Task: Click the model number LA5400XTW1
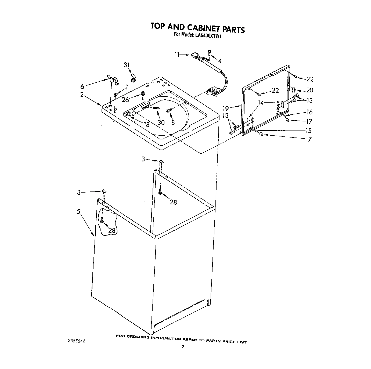point(207,35)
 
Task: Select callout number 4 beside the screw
point(220,61)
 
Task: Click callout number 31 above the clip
point(127,65)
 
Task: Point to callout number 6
point(82,86)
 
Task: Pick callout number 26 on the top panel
point(125,100)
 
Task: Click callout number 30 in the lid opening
point(161,122)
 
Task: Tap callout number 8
point(173,122)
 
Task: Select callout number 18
point(146,124)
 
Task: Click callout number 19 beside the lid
point(226,108)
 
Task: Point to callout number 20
point(309,91)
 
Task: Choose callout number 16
point(309,112)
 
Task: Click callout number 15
point(308,131)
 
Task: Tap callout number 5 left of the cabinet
point(78,211)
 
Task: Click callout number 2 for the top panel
point(82,94)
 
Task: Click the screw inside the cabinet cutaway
point(102,220)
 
